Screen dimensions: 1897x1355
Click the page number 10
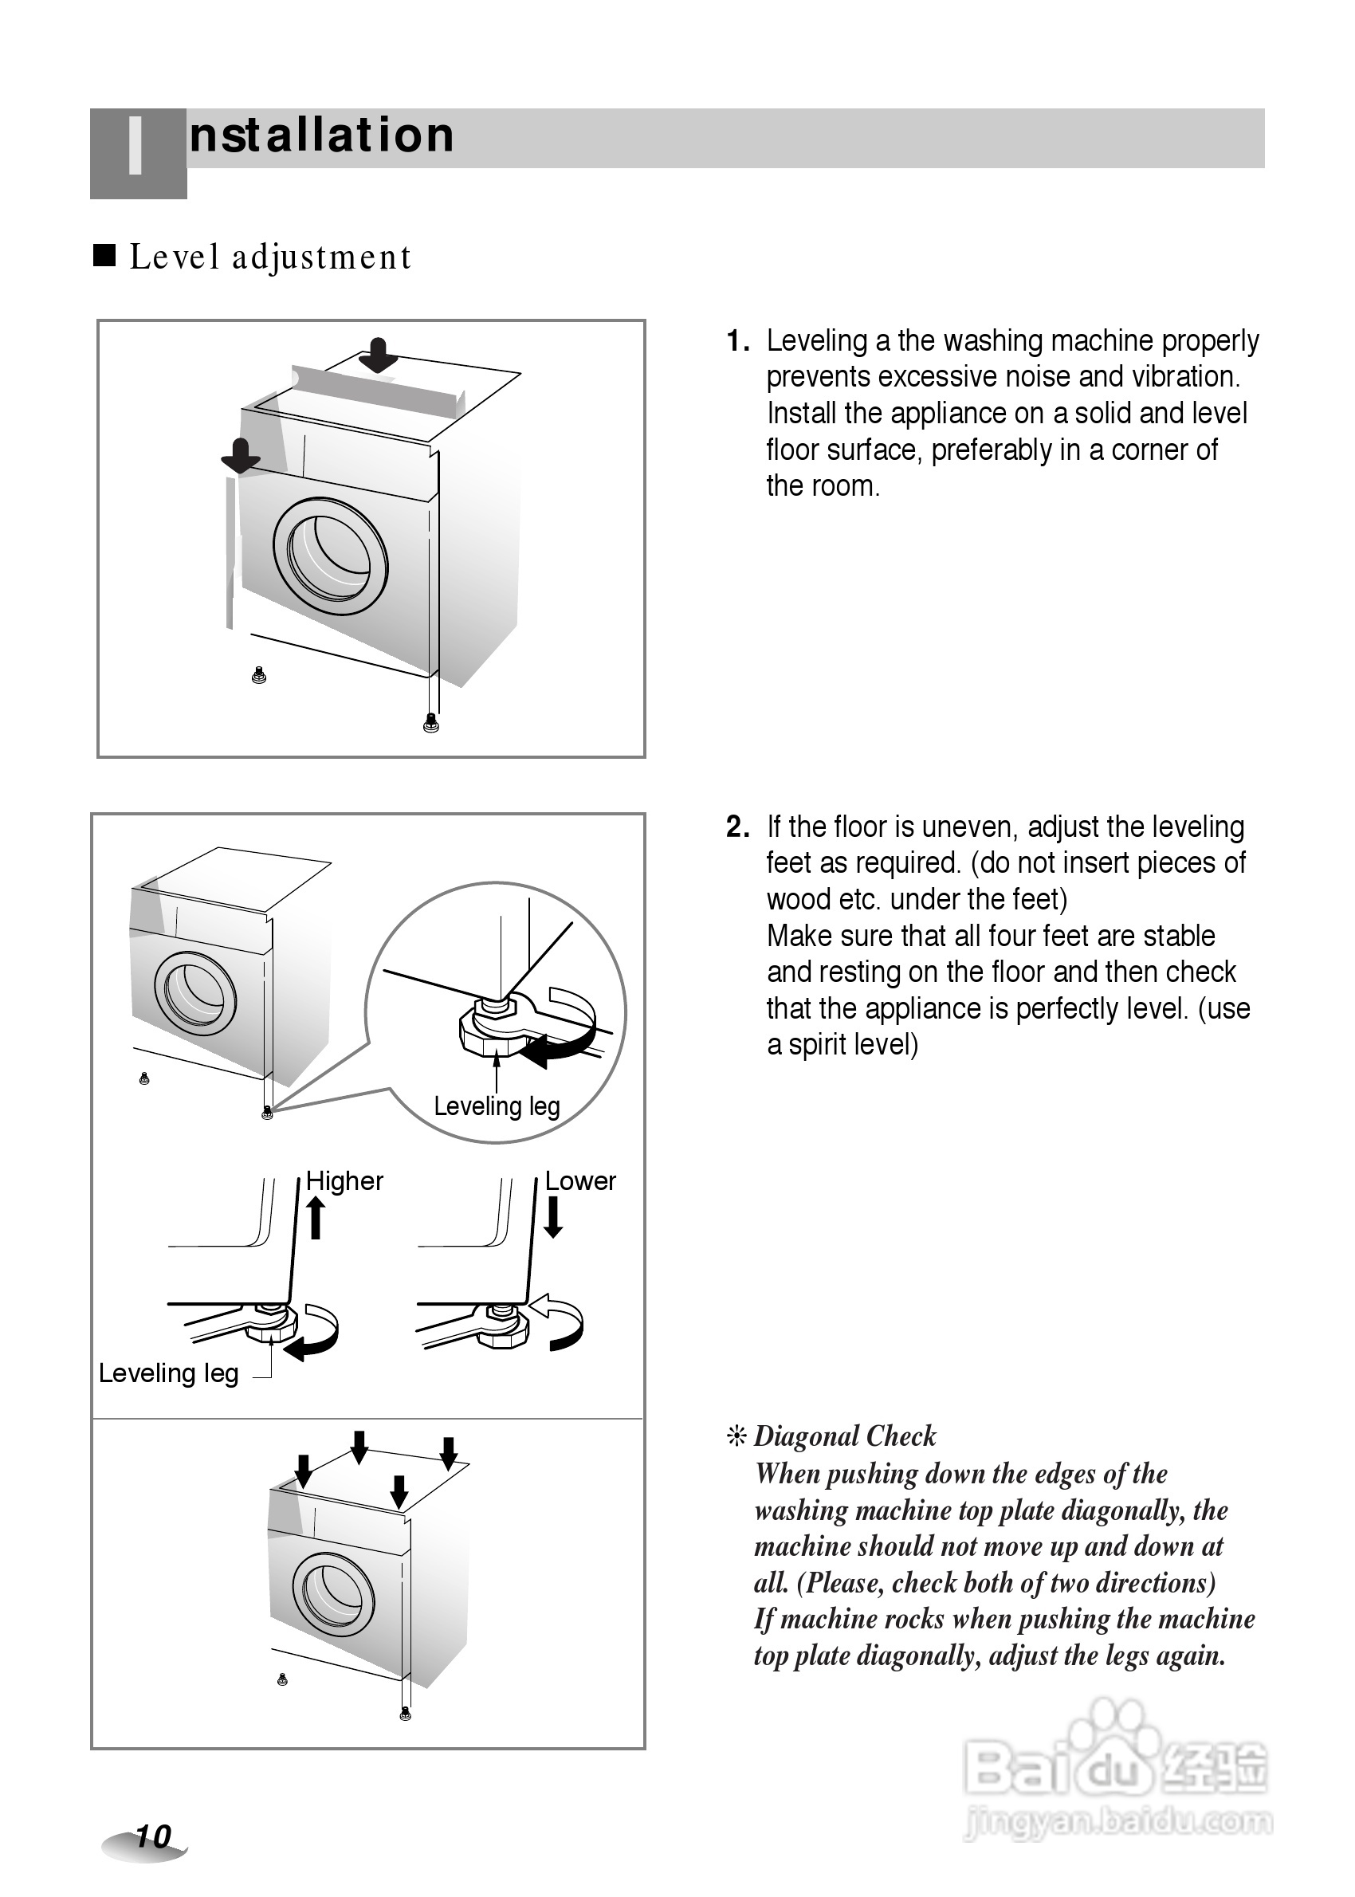point(153,1836)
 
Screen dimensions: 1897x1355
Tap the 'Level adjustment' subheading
point(270,257)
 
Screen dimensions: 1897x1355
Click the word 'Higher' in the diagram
point(344,1180)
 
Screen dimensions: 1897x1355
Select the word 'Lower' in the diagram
point(580,1180)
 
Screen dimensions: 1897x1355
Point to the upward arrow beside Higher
point(316,1217)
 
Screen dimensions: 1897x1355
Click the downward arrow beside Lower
point(552,1217)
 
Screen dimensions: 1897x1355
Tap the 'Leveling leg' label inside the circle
point(497,1106)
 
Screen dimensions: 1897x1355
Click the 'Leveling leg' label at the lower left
point(168,1373)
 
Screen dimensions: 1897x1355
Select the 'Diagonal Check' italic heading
point(844,1436)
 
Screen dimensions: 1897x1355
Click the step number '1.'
point(737,341)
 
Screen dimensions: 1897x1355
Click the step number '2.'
point(737,827)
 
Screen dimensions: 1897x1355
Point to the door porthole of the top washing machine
point(331,556)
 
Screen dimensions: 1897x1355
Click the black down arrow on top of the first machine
point(378,355)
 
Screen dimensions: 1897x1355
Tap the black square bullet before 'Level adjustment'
point(104,254)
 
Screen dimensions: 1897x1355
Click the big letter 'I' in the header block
point(135,147)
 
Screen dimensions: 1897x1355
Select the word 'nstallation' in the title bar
point(322,135)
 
